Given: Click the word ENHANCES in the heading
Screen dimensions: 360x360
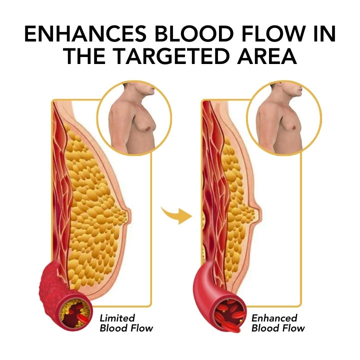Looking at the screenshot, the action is [85, 34].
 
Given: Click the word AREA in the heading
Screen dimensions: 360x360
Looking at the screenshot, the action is [267, 56].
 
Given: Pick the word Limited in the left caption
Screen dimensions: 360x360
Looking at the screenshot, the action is [117, 318].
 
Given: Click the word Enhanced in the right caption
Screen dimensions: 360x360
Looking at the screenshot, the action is [274, 318].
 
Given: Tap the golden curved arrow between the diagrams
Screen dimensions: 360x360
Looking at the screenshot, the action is [177, 215].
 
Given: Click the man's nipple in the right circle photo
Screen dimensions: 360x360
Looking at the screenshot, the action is [293, 127].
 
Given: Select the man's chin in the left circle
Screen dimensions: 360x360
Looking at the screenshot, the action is [152, 93].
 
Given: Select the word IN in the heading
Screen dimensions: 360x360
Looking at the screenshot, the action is [325, 34].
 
